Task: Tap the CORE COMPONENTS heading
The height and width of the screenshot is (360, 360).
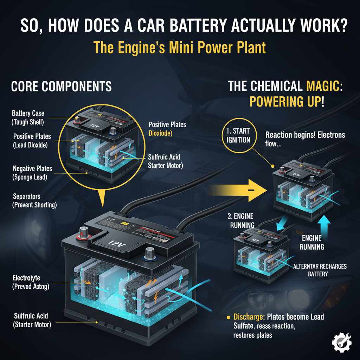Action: [x=61, y=86]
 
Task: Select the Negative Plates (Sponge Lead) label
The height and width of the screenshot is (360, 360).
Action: [x=32, y=173]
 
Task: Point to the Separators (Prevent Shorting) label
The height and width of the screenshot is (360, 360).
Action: [x=34, y=200]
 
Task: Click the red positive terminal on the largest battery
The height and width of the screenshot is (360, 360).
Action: [x=84, y=233]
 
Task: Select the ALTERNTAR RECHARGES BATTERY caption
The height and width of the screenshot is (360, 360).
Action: [x=320, y=270]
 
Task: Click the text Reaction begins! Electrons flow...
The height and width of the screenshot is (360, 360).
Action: [x=304, y=139]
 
